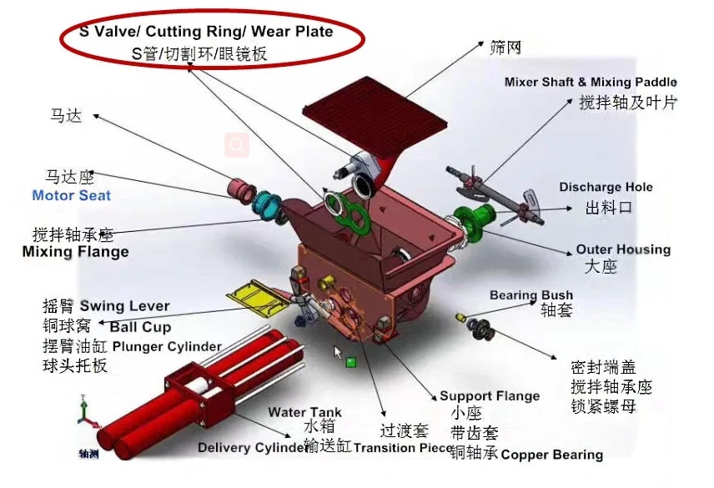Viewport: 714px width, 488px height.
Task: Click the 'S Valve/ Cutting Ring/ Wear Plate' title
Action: [x=205, y=32]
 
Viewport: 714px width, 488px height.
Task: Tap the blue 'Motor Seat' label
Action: [x=71, y=196]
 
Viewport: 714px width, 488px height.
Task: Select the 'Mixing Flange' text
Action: [x=75, y=252]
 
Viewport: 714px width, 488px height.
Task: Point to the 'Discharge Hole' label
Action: [x=606, y=188]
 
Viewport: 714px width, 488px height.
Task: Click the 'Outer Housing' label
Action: [x=622, y=249]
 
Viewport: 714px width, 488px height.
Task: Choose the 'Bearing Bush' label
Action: [x=530, y=295]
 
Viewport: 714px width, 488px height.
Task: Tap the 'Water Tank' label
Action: [x=304, y=412]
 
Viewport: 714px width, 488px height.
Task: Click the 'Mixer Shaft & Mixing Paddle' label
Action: [x=591, y=82]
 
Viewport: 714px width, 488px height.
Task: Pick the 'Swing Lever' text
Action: [x=124, y=306]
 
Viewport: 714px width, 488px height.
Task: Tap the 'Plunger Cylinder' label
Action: [x=167, y=346]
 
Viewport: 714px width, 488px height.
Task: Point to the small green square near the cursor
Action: [x=351, y=363]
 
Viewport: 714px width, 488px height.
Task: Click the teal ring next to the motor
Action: [x=266, y=205]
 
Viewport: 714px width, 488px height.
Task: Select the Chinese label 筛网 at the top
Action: [x=505, y=48]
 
